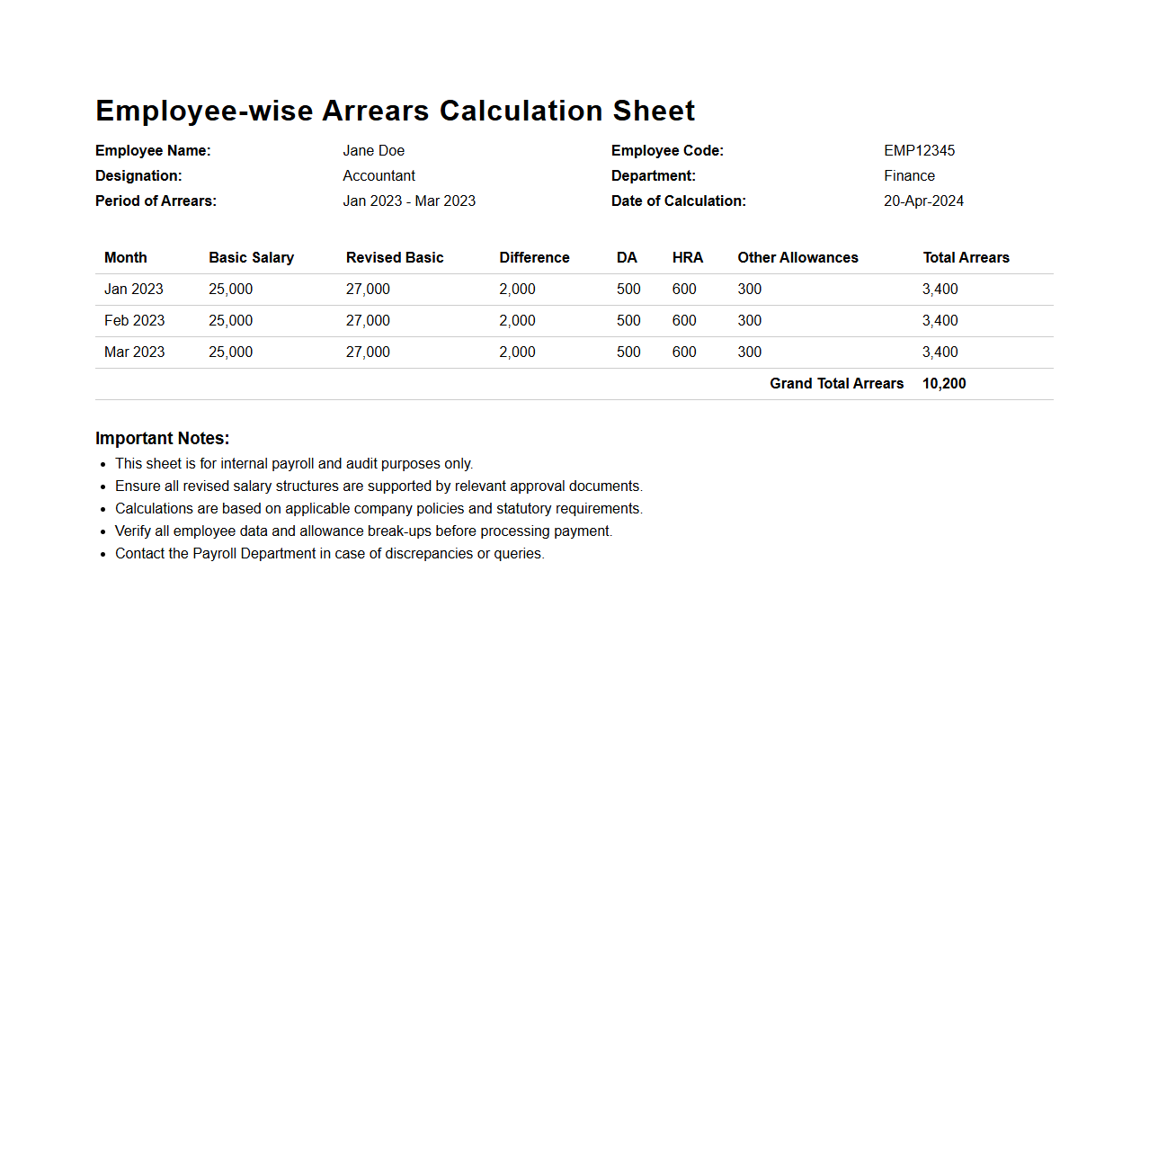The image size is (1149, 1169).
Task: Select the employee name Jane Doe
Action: tap(373, 151)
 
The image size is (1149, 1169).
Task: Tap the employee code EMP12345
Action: tap(919, 151)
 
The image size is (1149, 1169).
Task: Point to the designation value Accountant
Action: tap(379, 176)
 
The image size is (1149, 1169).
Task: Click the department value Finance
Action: tap(909, 176)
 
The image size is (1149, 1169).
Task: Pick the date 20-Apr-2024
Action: tap(923, 201)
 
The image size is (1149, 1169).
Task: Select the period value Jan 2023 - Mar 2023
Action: tap(409, 201)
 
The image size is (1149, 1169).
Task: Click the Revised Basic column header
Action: tap(395, 258)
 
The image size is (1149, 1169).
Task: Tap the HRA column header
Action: tap(688, 258)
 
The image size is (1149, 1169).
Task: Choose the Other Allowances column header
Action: tap(797, 258)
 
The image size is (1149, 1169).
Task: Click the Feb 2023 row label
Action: tap(135, 321)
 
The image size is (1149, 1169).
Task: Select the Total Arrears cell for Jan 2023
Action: tap(940, 290)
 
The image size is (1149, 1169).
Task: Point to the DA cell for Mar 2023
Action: tap(628, 352)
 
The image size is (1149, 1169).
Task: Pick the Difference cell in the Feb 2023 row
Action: tap(517, 321)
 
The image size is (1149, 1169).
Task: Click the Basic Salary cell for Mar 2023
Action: tap(230, 352)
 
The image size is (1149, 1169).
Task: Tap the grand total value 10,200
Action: tap(944, 384)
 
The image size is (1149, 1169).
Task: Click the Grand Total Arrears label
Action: tap(836, 384)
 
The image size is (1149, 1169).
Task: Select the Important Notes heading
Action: tap(163, 439)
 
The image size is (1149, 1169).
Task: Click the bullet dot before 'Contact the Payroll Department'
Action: tap(103, 555)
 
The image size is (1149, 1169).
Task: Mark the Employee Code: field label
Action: tap(667, 151)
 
